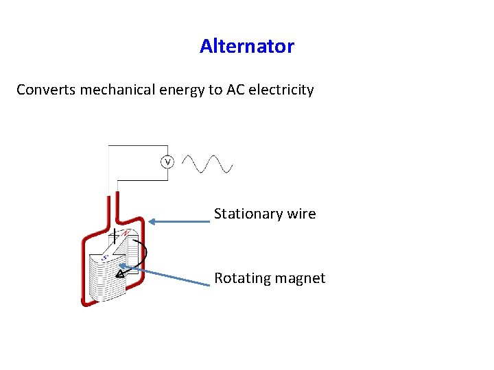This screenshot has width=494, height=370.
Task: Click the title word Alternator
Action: coord(247,47)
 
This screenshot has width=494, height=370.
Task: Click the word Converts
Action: coord(46,90)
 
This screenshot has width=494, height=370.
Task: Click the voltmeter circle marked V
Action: coord(167,162)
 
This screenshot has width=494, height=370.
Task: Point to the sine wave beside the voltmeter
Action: coord(209,164)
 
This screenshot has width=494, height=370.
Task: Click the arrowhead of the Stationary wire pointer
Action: coord(152,221)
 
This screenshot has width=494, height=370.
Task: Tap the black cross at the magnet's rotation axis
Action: coord(114,237)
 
